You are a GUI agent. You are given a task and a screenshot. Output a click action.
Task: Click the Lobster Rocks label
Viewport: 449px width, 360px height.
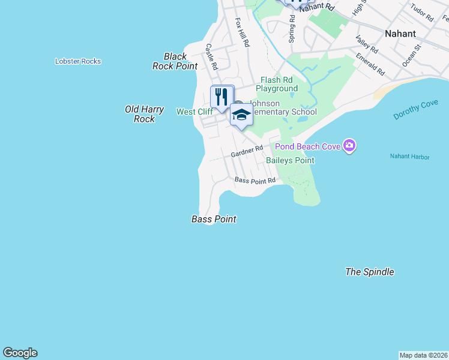pyautogui.click(x=78, y=61)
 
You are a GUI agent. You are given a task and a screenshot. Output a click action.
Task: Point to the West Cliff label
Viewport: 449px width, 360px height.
pyautogui.click(x=194, y=112)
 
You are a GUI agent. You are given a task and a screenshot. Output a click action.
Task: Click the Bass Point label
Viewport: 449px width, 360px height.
pyautogui.click(x=214, y=220)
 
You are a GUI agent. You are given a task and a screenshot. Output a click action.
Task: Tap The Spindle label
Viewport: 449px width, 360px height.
pyautogui.click(x=370, y=272)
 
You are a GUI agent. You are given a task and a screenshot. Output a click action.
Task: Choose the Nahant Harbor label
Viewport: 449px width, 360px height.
pyautogui.click(x=409, y=157)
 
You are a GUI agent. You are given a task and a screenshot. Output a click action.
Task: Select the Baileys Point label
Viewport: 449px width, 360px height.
pyautogui.click(x=290, y=160)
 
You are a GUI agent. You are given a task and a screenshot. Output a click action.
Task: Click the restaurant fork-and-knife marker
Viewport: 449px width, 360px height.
pyautogui.click(x=221, y=97)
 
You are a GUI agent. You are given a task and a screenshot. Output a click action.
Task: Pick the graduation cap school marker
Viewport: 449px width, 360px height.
pyautogui.click(x=241, y=115)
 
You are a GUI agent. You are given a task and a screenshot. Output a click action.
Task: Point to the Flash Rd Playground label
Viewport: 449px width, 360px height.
pyautogui.click(x=277, y=84)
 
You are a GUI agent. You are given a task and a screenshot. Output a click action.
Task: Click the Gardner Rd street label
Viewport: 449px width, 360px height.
pyautogui.click(x=247, y=152)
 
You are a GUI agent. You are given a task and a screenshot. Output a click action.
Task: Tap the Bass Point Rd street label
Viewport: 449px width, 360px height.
pyautogui.click(x=255, y=180)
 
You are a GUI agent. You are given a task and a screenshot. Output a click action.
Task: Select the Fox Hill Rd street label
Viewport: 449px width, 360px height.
pyautogui.click(x=242, y=32)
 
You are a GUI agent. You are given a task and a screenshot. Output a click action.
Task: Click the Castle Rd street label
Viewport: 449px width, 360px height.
pyautogui.click(x=211, y=55)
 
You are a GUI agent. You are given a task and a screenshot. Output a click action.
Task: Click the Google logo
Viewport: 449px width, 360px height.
pyautogui.click(x=20, y=353)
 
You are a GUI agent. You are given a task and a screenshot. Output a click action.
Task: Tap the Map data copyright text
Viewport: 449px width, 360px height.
pyautogui.click(x=423, y=355)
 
